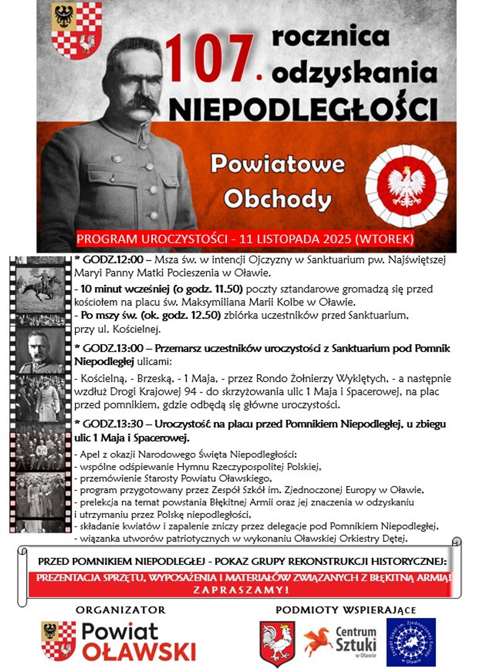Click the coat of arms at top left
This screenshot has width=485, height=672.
click(x=77, y=30)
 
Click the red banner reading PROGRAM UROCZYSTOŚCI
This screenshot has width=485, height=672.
click(x=245, y=239)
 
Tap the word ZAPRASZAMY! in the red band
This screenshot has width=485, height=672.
click(x=241, y=590)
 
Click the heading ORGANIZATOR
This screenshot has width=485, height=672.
click(x=120, y=610)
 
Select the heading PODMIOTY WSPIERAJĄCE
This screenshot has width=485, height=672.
click(x=345, y=610)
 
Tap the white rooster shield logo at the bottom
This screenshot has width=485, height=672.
click(x=277, y=643)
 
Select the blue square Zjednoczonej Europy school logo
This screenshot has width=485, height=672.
click(x=411, y=642)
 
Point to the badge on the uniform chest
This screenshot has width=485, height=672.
click(x=116, y=158)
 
